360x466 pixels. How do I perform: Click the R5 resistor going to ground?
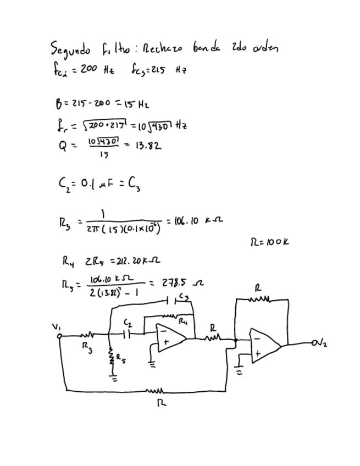pyautogui.click(x=111, y=358)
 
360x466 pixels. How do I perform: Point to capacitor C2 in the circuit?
pyautogui.click(x=128, y=333)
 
